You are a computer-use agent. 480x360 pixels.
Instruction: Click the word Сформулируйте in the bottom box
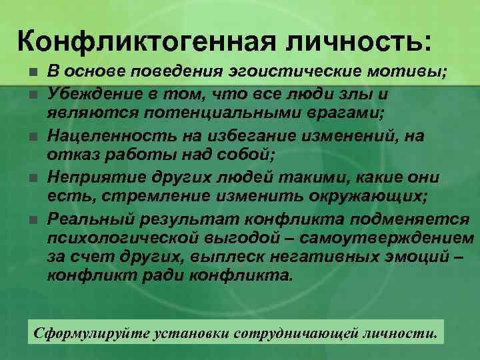[x=83, y=331]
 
